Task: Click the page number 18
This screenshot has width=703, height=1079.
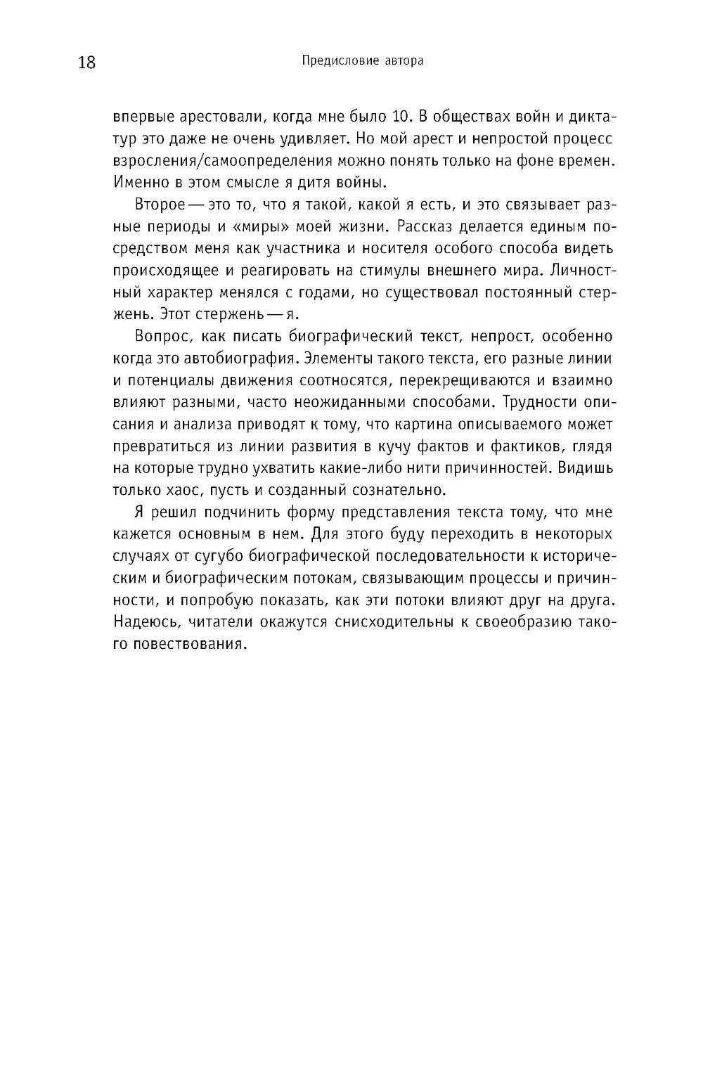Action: tap(86, 63)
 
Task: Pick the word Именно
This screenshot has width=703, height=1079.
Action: tap(136, 182)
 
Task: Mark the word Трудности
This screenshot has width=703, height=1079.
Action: tap(541, 402)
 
